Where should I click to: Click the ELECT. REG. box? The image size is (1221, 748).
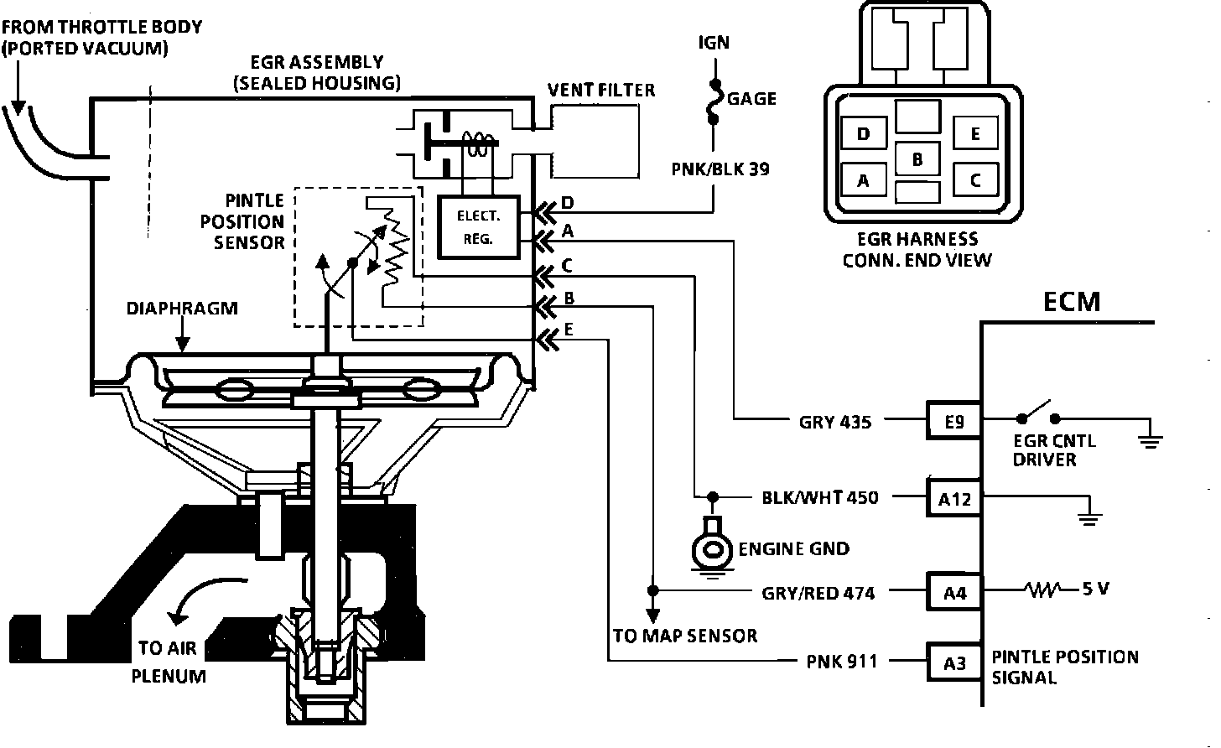tap(479, 226)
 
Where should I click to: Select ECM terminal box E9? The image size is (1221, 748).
tap(954, 420)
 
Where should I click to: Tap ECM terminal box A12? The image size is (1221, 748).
tap(954, 498)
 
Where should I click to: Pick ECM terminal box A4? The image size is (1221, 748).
tap(954, 591)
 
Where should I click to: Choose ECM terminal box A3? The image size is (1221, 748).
tap(954, 662)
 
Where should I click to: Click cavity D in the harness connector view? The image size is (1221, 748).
tap(864, 133)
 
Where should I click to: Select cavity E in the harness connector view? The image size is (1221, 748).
tap(975, 133)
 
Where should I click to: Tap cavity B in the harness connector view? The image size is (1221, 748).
tap(918, 158)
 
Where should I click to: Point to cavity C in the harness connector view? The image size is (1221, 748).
tap(975, 179)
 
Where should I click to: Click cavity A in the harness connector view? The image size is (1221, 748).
tap(864, 179)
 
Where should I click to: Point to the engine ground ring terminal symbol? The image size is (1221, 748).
tap(711, 547)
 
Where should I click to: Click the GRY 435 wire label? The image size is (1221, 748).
tap(835, 422)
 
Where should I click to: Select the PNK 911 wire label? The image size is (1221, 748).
tap(842, 662)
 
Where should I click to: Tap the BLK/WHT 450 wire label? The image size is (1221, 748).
tap(820, 497)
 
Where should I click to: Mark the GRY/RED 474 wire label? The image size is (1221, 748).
tap(818, 593)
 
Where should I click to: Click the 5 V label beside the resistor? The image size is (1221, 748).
tap(1095, 589)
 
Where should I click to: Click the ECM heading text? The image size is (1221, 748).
tap(1072, 302)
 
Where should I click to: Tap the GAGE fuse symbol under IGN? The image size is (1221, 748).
tap(714, 102)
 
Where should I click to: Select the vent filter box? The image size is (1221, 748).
tap(595, 141)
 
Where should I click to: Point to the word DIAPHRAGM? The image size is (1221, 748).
tap(182, 308)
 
